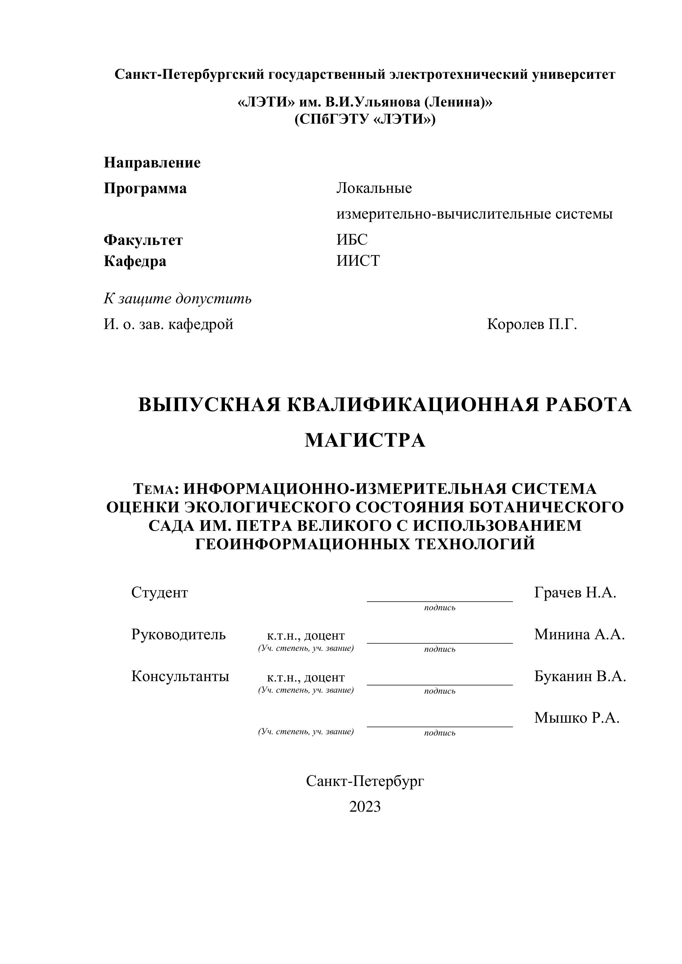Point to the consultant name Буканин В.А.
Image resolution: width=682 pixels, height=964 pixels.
pyautogui.click(x=580, y=676)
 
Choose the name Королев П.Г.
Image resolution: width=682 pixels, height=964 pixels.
pyautogui.click(x=532, y=324)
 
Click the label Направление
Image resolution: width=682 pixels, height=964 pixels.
pyautogui.click(x=152, y=163)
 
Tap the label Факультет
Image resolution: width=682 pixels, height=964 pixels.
pyautogui.click(x=143, y=240)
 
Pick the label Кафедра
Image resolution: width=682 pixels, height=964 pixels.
pyautogui.click(x=135, y=261)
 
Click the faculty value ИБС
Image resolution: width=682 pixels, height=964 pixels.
pyautogui.click(x=352, y=240)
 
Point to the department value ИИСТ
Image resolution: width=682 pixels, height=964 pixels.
pyautogui.click(x=358, y=261)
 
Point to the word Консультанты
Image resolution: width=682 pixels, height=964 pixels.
pyautogui.click(x=180, y=676)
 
